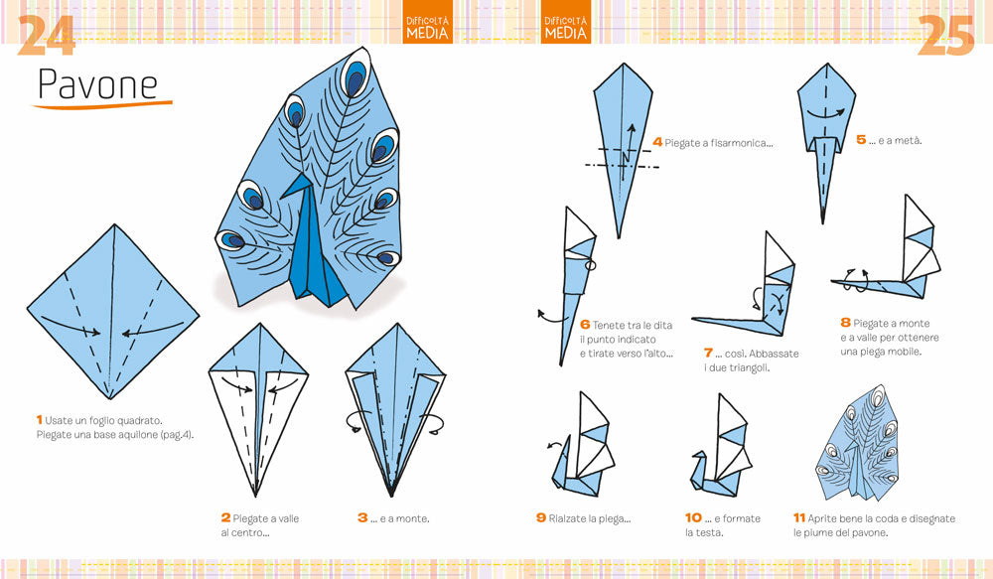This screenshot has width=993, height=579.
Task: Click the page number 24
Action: (46, 37)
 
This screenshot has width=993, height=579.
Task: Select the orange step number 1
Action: (39, 420)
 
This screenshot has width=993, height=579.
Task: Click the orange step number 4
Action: (657, 142)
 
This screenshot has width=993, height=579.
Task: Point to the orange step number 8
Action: (846, 323)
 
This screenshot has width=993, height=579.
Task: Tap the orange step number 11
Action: (798, 518)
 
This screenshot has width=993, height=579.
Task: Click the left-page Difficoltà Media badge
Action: (428, 28)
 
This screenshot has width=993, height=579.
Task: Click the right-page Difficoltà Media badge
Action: (566, 28)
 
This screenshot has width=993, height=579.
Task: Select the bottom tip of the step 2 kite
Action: (255, 495)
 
